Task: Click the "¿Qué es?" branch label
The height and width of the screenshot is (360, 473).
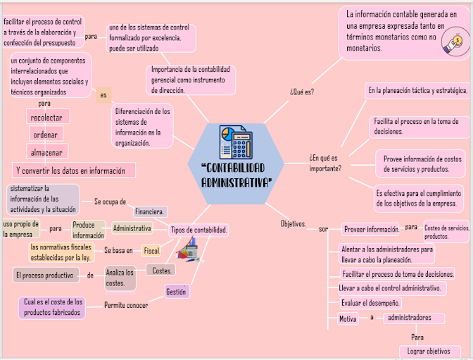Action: point(301,92)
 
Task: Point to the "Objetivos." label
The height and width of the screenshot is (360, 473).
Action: point(293,224)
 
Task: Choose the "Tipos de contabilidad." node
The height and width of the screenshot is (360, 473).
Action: point(199,230)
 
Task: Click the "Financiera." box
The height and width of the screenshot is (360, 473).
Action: point(150,211)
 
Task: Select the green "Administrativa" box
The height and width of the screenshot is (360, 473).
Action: point(132,228)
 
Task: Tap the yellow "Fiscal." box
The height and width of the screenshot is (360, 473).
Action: point(151,250)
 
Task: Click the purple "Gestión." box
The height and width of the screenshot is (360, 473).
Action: point(175,291)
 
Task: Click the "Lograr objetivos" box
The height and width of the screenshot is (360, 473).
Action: point(429,351)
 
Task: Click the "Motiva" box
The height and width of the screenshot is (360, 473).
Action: point(348,318)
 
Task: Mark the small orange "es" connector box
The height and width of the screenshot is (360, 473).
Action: point(104,95)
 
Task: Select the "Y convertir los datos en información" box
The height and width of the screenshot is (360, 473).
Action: point(72,170)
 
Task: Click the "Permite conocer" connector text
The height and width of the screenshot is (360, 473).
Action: point(126,305)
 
